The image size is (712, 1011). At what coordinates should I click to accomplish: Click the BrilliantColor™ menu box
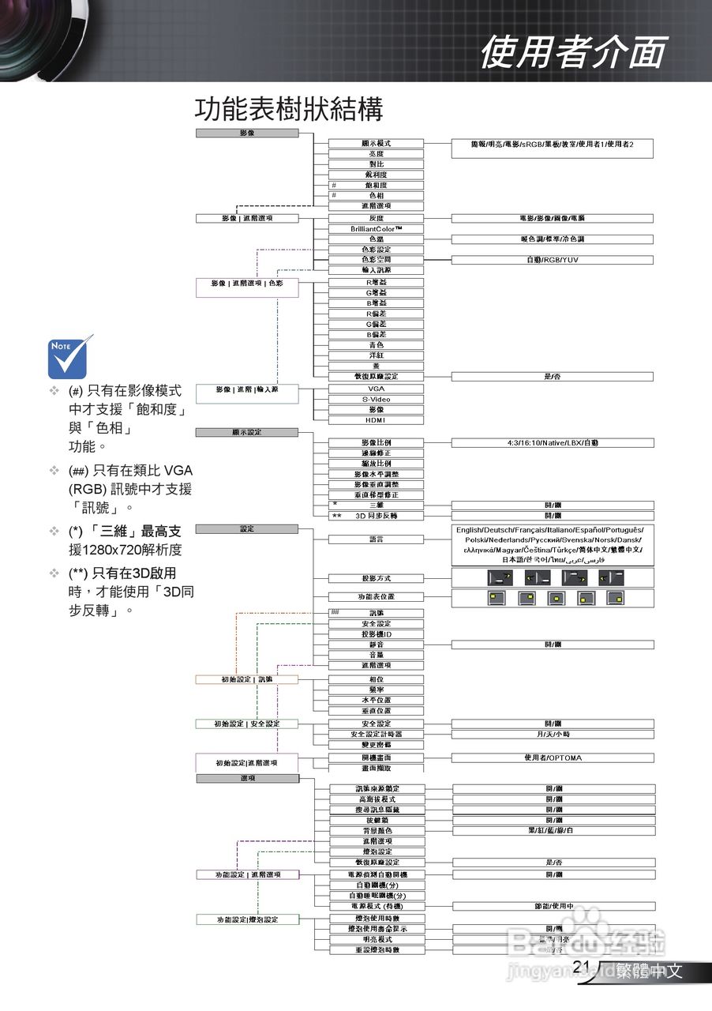(377, 229)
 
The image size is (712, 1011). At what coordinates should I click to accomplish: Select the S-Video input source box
(377, 400)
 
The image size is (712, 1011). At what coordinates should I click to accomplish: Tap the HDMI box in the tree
(377, 420)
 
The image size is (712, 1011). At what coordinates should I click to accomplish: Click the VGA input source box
(377, 389)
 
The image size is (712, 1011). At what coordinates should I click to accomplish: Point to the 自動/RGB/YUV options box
(553, 260)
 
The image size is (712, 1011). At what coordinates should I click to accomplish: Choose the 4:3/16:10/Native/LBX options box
(553, 443)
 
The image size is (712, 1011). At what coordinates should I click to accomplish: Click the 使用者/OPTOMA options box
(553, 758)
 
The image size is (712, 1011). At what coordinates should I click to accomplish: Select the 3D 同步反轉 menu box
(377, 516)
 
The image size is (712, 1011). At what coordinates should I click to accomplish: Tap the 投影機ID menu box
(377, 634)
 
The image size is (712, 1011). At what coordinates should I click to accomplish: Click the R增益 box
(377, 282)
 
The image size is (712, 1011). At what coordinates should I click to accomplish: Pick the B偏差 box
(377, 335)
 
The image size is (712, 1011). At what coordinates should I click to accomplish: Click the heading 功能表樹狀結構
(289, 109)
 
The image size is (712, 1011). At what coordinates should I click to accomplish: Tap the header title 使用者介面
(573, 52)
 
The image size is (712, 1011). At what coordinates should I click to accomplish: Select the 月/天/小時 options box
(553, 735)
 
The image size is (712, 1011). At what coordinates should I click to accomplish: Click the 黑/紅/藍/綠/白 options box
(553, 831)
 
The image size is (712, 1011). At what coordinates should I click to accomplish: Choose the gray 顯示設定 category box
(247, 433)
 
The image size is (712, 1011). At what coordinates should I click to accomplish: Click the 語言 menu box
(377, 539)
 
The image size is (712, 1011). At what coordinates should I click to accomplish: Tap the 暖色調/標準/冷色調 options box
(553, 239)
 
